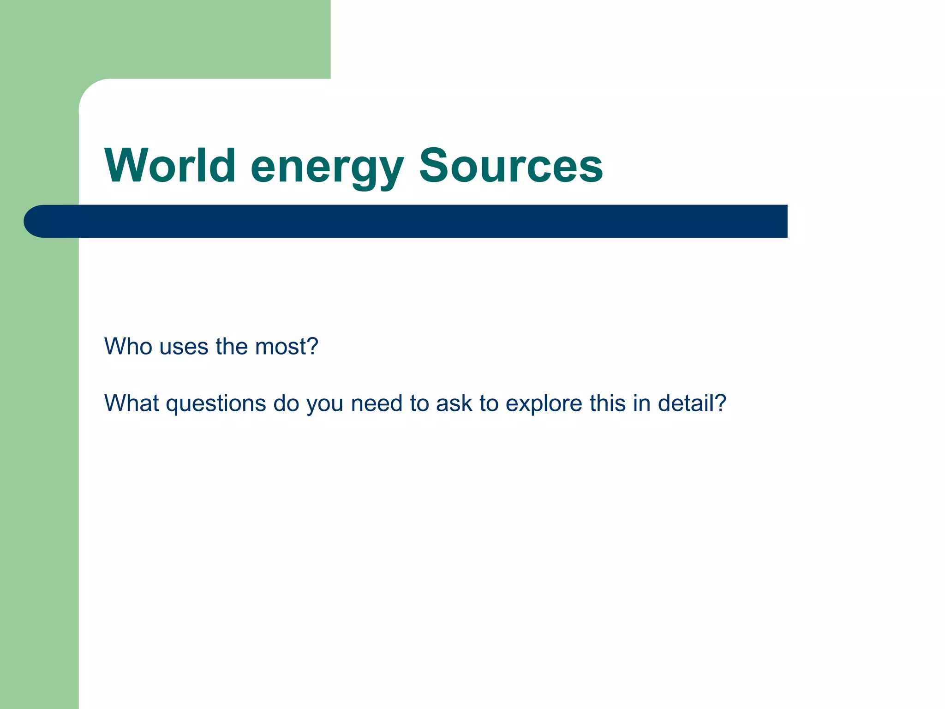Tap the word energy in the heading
[x=327, y=167]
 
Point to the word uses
[x=184, y=347]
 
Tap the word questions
[x=216, y=404]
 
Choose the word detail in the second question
[x=691, y=403]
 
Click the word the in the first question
[x=232, y=346]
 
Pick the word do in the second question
[x=286, y=403]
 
